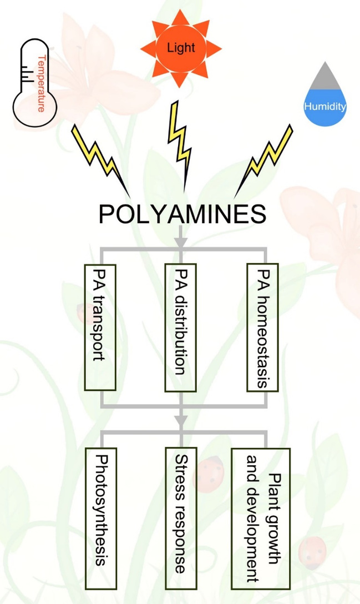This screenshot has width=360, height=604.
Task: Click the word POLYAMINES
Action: click(x=182, y=214)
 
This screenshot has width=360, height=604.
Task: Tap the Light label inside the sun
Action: click(x=181, y=48)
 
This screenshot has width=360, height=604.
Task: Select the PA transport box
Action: click(x=100, y=327)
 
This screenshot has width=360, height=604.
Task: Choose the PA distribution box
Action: click(x=181, y=327)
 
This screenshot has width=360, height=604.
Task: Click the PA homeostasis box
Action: click(x=262, y=327)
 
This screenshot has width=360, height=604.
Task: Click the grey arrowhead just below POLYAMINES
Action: click(x=181, y=241)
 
